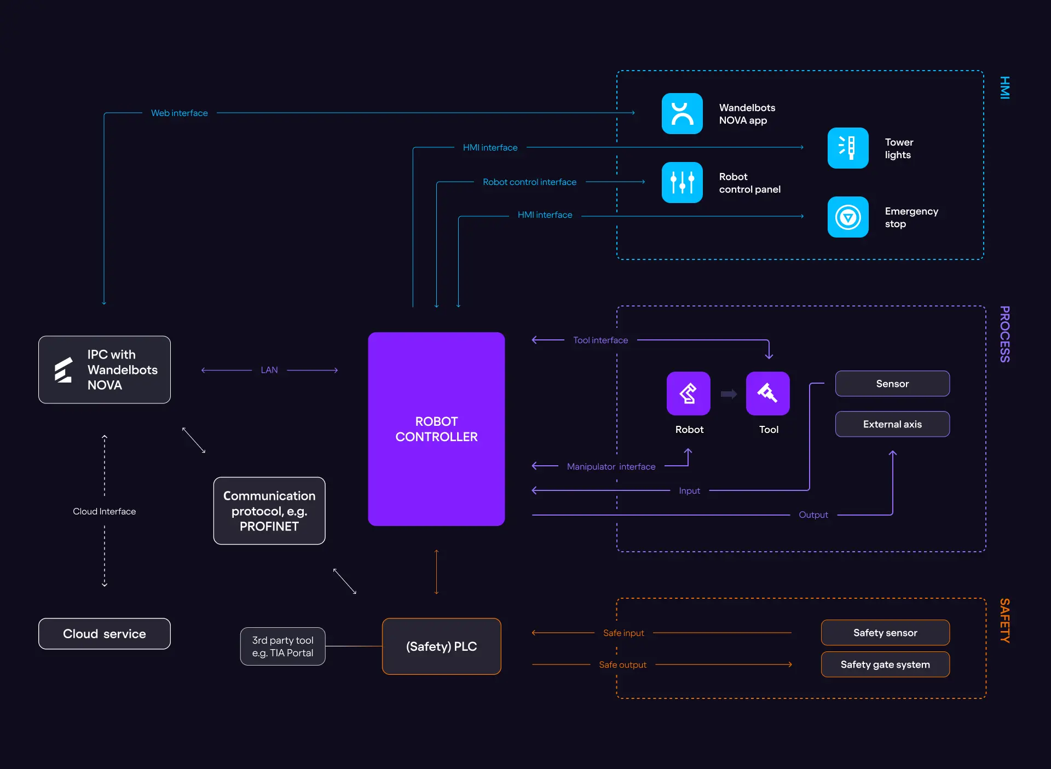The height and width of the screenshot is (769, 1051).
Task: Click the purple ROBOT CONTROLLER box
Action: pos(436,429)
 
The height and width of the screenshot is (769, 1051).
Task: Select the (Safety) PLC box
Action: pos(441,646)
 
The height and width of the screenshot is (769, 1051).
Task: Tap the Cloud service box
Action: pos(105,634)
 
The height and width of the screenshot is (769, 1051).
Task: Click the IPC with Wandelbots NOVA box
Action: pos(105,370)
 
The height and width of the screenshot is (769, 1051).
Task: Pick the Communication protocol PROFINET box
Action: pos(269,511)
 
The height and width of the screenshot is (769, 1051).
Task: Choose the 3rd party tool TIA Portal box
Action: pos(282,646)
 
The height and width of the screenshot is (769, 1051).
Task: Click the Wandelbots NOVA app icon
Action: pos(682,114)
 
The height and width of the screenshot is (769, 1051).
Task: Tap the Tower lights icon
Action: pos(848,148)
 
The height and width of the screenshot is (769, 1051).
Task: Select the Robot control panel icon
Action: pos(682,183)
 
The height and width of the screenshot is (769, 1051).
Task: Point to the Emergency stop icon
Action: pos(848,217)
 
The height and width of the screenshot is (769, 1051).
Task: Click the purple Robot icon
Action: pos(689,394)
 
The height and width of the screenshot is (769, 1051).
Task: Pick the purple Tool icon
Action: pos(767,394)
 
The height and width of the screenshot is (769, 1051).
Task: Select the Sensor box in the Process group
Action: pos(892,384)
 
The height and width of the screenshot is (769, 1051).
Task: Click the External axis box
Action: pos(892,424)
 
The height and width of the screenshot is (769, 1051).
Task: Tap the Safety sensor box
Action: pos(885,633)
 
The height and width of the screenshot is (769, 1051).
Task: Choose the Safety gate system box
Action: pos(885,664)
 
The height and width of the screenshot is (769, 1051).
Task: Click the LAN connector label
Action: pos(269,370)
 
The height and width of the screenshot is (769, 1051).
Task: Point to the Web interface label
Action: pos(180,113)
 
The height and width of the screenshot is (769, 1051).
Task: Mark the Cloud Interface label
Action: pos(105,511)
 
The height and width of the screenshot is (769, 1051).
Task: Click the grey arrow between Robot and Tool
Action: pos(729,394)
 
